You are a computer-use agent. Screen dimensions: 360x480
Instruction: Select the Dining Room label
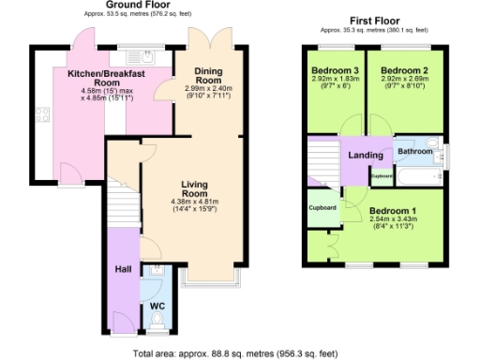tap(207, 75)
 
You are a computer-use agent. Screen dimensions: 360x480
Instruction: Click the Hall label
tap(123, 269)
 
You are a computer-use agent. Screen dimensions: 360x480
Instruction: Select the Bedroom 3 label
tap(335, 71)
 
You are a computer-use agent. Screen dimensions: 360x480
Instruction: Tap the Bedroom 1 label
tap(394, 211)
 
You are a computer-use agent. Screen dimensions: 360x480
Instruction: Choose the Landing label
tap(363, 156)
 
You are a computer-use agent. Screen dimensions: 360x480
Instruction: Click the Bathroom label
tap(415, 151)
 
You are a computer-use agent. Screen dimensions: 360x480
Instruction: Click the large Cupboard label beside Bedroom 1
tap(322, 207)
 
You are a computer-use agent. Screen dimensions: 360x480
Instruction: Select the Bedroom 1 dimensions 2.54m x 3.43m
tap(394, 221)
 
